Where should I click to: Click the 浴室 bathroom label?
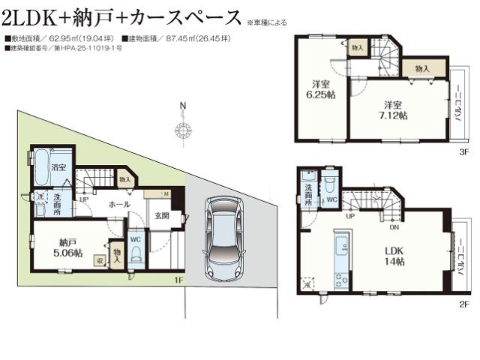(59, 168)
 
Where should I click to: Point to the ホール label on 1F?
(119, 204)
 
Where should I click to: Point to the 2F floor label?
(464, 304)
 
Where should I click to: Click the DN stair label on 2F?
(394, 225)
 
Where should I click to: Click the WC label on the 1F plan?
(136, 239)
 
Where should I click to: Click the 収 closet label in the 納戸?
(99, 260)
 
